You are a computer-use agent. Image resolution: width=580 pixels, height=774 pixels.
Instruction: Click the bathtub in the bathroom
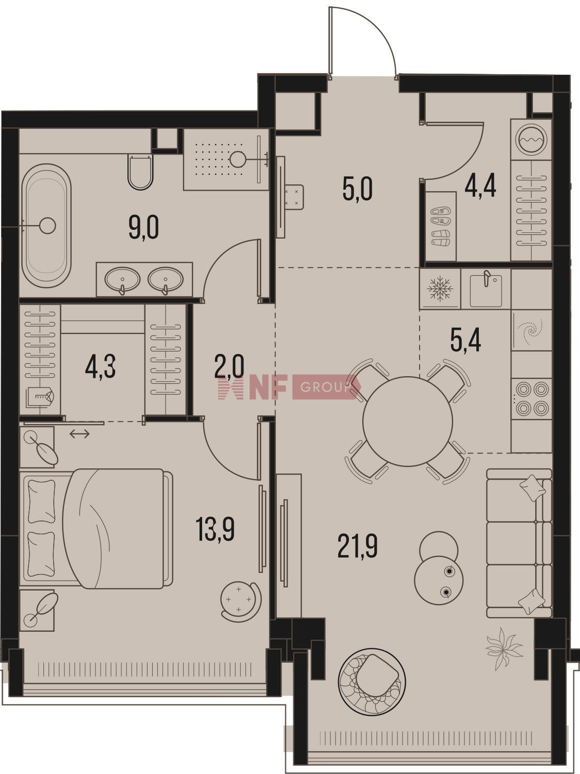(46, 226)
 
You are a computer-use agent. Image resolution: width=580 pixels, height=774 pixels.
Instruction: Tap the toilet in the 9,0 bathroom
(140, 171)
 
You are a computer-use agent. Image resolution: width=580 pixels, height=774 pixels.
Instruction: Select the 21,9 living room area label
(358, 546)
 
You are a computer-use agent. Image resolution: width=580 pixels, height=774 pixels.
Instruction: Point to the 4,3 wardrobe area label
(101, 367)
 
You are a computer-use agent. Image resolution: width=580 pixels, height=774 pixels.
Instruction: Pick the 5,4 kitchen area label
(465, 340)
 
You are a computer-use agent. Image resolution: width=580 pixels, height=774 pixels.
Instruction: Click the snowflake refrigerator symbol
(439, 289)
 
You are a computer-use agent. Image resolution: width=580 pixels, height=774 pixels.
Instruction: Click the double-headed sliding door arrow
(79, 434)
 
